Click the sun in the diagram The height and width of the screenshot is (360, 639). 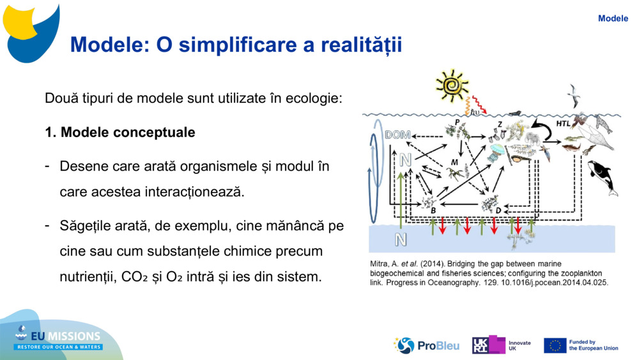pyautogui.click(x=452, y=85)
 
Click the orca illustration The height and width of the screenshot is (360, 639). pyautogui.click(x=603, y=178)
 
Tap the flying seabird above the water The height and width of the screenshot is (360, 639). pyautogui.click(x=574, y=95)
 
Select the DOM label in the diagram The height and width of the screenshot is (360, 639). pyautogui.click(x=397, y=135)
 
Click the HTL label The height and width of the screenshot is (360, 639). pyautogui.click(x=563, y=123)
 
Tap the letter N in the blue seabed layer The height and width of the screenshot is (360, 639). pyautogui.click(x=401, y=239)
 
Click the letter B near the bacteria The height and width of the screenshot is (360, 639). pyautogui.click(x=433, y=210)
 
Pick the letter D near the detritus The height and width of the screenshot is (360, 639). pyautogui.click(x=498, y=210)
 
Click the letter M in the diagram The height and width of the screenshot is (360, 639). pyautogui.click(x=454, y=162)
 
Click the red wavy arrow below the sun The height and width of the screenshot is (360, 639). pyautogui.click(x=479, y=105)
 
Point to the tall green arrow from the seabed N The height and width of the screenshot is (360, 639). pyautogui.click(x=401, y=200)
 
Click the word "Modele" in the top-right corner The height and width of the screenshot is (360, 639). pyautogui.click(x=613, y=19)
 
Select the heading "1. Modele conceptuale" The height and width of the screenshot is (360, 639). pyautogui.click(x=120, y=132)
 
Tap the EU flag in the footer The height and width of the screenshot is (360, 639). pyautogui.click(x=555, y=345)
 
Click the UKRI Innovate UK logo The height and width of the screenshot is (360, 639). pyautogui.click(x=501, y=345)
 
